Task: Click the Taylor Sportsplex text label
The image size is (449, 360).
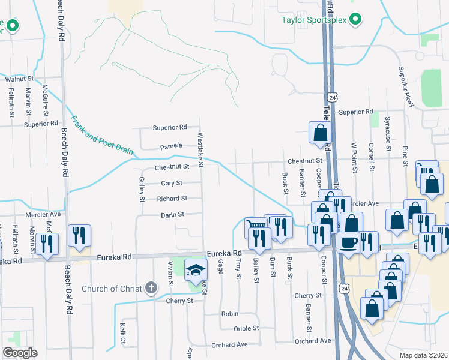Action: [x=314, y=20]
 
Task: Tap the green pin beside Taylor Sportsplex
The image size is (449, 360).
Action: [x=355, y=20]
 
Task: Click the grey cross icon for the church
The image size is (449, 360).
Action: [x=152, y=288]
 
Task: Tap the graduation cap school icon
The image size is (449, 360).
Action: [x=196, y=271]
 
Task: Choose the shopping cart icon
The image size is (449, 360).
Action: [x=256, y=227]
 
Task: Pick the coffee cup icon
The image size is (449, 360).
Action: [x=349, y=242]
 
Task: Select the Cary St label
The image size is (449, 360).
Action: [x=172, y=183]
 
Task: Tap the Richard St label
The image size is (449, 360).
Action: [x=172, y=199]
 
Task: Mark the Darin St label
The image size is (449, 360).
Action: [x=172, y=214]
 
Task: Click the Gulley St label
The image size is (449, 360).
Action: [x=142, y=188]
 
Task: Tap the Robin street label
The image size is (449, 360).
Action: [x=230, y=314]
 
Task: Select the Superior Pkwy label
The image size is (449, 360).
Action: [x=406, y=87]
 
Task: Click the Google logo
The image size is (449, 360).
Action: [x=20, y=352]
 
